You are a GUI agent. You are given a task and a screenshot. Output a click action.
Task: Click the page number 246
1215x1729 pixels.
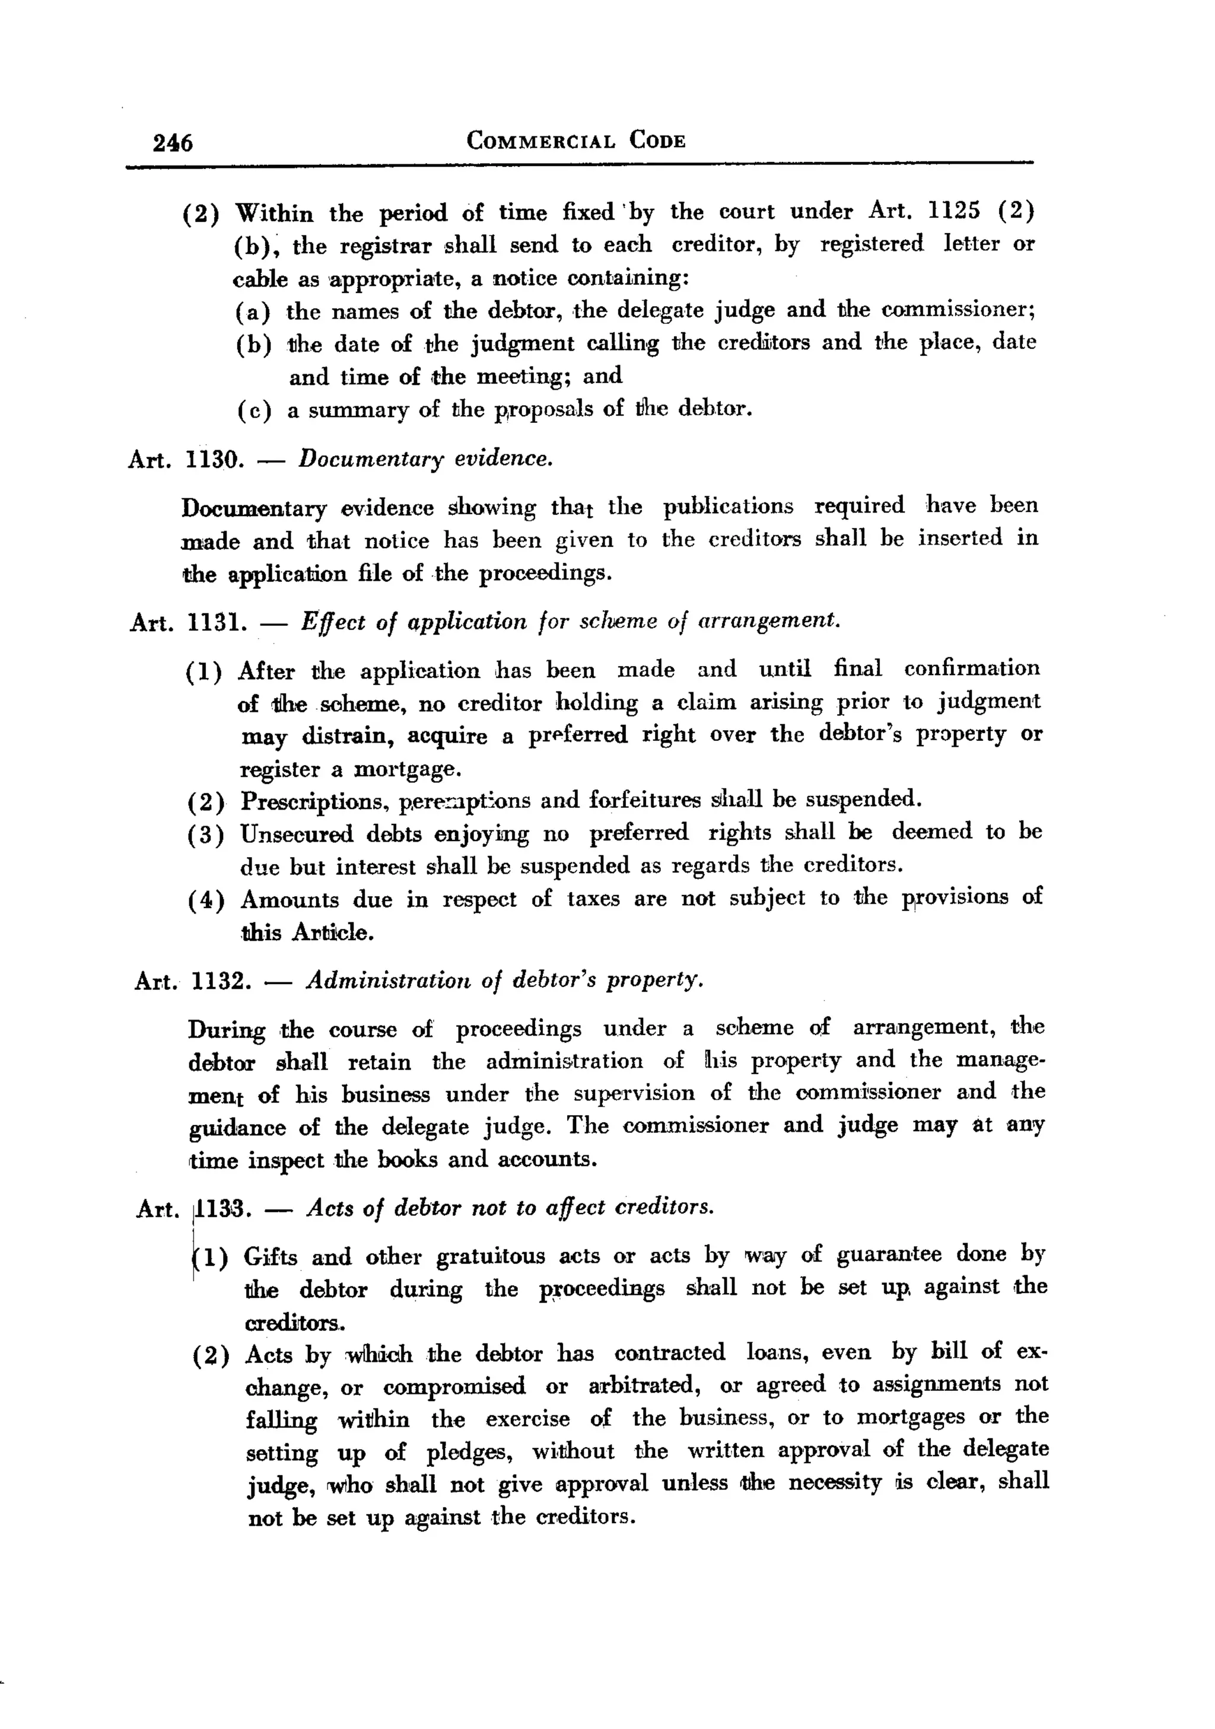pyautogui.click(x=173, y=142)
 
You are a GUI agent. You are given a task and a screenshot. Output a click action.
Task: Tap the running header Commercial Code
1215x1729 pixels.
pyautogui.click(x=576, y=141)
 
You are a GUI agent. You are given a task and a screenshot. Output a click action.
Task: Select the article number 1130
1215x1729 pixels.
pyautogui.click(x=214, y=459)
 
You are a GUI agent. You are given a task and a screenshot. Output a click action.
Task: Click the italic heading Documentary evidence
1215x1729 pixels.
pyautogui.click(x=425, y=458)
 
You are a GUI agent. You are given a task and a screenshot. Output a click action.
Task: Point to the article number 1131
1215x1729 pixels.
pyautogui.click(x=216, y=622)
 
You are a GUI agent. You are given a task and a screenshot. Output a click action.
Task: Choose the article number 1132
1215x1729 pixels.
pyautogui.click(x=221, y=980)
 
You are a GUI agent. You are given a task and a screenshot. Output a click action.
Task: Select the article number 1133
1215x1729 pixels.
pyautogui.click(x=222, y=1208)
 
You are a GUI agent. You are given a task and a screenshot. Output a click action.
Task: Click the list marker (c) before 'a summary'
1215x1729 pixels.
pyautogui.click(x=254, y=410)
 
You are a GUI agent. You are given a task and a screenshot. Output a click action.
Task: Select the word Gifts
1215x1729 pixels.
pyautogui.click(x=271, y=1257)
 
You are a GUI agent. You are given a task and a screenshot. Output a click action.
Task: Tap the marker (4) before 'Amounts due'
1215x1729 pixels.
pyautogui.click(x=206, y=900)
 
